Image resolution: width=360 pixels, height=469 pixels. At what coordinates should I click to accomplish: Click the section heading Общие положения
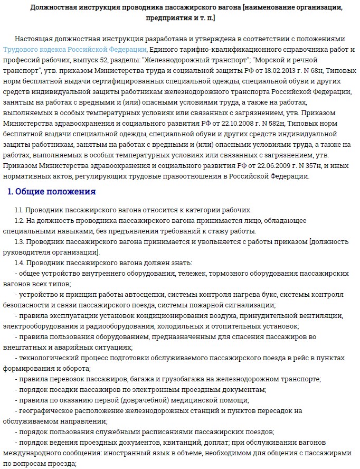55,191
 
